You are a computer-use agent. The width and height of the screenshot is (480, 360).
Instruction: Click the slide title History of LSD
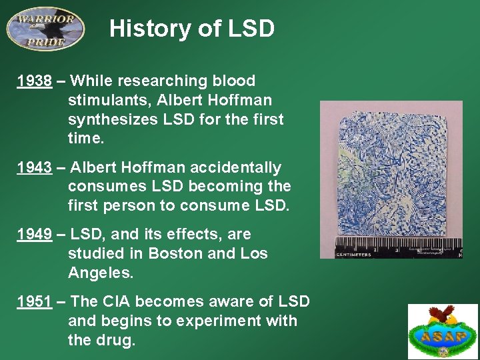tap(192, 29)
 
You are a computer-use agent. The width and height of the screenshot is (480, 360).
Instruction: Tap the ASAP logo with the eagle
tap(443, 331)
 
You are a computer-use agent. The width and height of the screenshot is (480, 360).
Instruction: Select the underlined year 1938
tap(35, 81)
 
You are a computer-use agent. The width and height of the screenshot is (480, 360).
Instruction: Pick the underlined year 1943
tap(35, 168)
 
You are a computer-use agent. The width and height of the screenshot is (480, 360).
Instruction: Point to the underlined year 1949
tap(35, 235)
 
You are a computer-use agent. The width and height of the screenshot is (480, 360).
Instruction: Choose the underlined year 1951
tap(35, 301)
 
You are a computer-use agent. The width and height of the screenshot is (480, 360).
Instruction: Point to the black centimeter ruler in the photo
tap(399, 247)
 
